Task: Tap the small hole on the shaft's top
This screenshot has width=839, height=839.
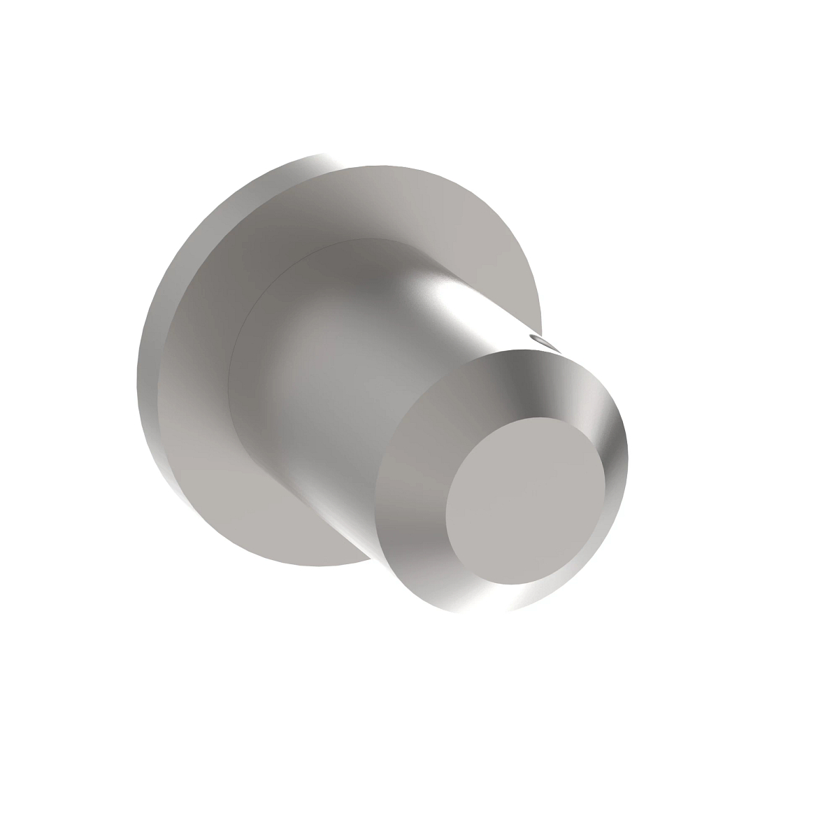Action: pos(542,340)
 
